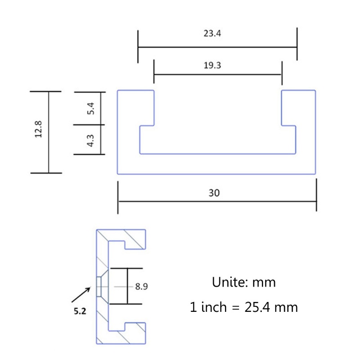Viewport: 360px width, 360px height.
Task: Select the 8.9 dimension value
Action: (141, 286)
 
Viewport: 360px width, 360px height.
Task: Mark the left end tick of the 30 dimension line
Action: (118, 197)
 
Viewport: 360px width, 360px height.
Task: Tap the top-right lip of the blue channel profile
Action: (298, 108)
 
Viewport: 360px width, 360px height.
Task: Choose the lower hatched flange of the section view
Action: (130, 333)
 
